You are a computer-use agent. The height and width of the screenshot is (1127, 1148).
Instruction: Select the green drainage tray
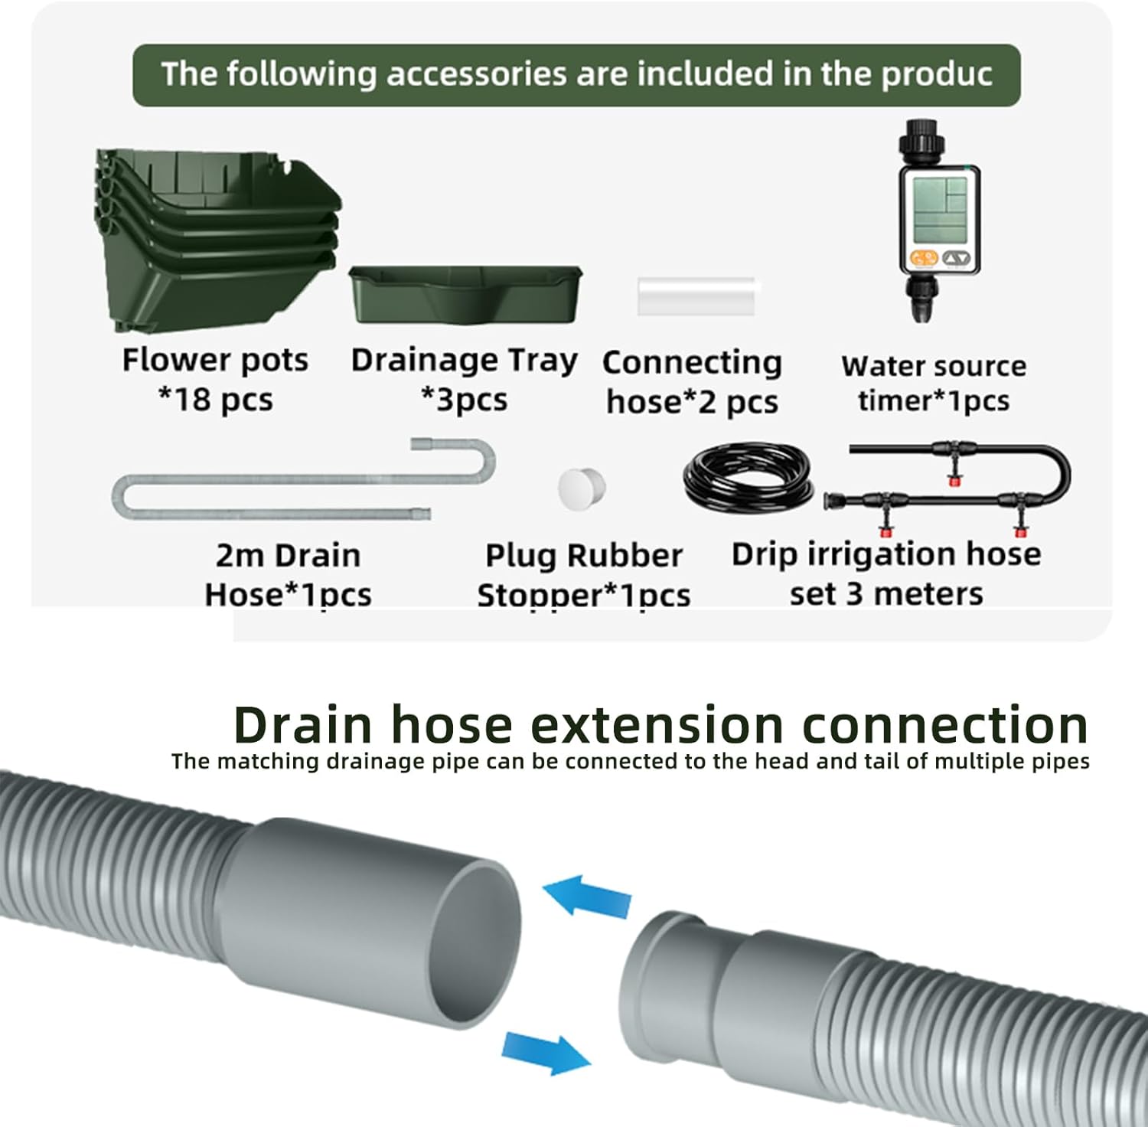465,294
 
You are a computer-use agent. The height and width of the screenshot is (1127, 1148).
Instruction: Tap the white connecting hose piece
698,296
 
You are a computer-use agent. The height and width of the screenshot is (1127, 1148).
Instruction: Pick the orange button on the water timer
923,258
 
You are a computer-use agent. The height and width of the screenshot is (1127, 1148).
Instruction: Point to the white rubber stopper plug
581,488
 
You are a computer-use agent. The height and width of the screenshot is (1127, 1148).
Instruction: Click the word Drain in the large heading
303,724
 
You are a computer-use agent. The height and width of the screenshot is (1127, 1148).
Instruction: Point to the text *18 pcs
215,400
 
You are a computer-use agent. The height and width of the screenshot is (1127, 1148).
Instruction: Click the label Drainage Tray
465,359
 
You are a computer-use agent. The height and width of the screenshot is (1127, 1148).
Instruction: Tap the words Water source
934,366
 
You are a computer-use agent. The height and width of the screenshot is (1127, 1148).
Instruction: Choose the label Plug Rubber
584,556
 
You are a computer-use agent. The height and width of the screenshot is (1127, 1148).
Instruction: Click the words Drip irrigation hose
886,554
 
